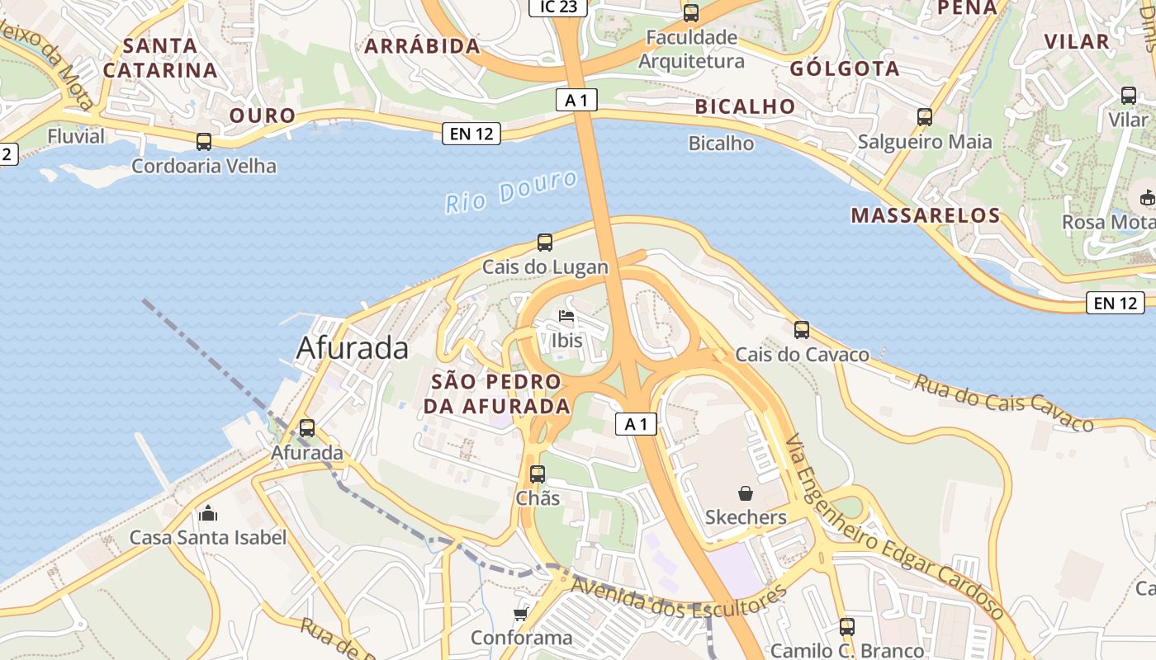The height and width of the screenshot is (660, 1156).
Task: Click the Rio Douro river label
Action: [510, 192]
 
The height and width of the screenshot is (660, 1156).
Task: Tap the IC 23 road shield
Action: [558, 7]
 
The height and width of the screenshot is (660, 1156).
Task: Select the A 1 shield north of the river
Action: [576, 101]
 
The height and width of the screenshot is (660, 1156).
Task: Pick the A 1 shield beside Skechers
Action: [636, 424]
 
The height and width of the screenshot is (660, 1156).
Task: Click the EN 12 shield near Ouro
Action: [471, 134]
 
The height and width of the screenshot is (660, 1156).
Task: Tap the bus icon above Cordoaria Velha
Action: [204, 142]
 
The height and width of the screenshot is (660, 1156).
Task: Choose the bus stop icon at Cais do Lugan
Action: [545, 243]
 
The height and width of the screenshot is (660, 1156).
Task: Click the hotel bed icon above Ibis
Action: [566, 316]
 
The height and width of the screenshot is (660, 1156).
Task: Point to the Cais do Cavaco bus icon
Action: [801, 330]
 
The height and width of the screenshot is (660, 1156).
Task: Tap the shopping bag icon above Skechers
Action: [746, 493]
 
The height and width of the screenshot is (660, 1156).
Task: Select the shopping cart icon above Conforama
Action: [520, 614]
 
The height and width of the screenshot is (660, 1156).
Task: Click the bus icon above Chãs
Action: [538, 474]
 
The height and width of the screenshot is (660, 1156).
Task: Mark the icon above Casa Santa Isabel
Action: [208, 514]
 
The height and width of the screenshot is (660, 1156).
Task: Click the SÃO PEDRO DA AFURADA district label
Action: [496, 394]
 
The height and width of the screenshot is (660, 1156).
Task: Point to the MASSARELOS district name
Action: [926, 216]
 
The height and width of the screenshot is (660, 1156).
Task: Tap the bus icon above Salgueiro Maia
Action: [925, 117]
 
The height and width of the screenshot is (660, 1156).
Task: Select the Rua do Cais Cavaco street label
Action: [1003, 403]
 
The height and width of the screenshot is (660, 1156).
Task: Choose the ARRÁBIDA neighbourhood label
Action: [422, 46]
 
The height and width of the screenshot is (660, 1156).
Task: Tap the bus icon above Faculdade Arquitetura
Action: [691, 13]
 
